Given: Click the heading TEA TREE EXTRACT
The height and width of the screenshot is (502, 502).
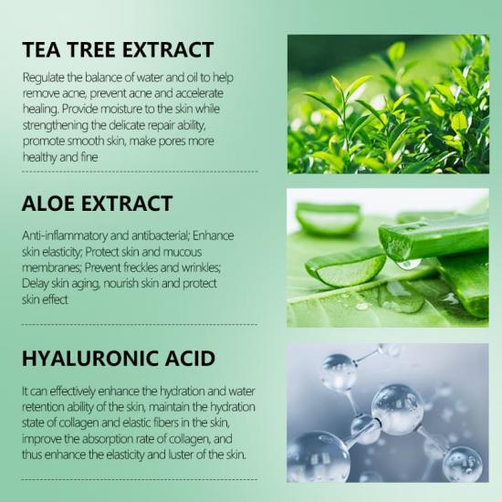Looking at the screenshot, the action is tap(118, 49).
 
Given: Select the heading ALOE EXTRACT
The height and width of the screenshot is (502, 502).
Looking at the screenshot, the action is tap(98, 204).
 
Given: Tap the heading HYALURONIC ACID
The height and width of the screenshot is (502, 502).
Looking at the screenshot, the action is tap(119, 359).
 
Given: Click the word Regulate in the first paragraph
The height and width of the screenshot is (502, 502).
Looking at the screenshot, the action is tap(43, 78).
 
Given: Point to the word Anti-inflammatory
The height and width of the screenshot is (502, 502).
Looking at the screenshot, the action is tap(65, 235).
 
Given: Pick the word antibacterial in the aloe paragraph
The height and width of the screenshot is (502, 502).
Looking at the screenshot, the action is tap(150, 235).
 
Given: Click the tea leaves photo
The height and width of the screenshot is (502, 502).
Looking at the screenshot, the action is tap(388, 104).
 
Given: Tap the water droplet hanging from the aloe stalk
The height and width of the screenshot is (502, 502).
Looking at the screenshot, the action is tap(409, 264).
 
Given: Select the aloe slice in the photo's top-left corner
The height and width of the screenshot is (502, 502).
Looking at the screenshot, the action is tap(328, 218).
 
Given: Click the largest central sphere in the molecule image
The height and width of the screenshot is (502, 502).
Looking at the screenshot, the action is tap(397, 410).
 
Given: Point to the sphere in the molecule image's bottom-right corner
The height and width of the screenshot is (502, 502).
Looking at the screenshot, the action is tap(463, 465).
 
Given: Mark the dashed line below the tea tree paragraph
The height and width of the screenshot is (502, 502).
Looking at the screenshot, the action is tap(140, 172).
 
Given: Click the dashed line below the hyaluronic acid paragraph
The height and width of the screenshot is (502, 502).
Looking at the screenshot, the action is tap(140, 479).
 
